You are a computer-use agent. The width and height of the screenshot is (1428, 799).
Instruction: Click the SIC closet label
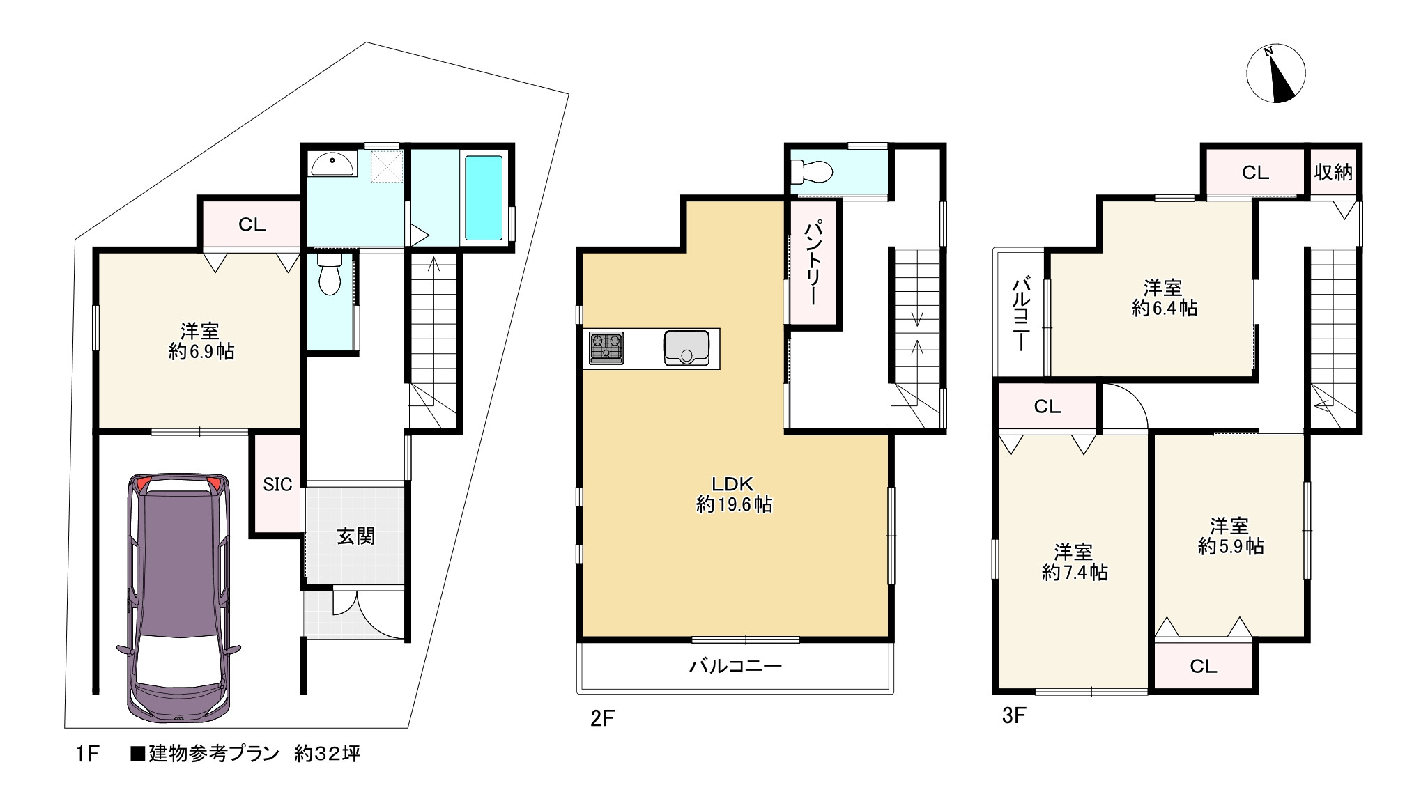pyautogui.click(x=277, y=484)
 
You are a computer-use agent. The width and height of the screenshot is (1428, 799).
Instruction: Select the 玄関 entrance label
pyautogui.click(x=356, y=536)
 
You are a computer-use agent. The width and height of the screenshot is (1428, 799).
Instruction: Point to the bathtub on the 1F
pyautogui.click(x=484, y=197)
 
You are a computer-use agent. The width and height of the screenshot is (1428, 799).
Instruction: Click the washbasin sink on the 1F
pyautogui.click(x=333, y=164)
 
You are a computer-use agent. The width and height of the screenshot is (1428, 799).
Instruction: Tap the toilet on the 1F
pyautogui.click(x=329, y=274)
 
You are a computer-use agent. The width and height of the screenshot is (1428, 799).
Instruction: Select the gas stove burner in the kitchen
pyautogui.click(x=606, y=348)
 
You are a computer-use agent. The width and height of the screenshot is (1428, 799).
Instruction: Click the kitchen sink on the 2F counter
pyautogui.click(x=687, y=348)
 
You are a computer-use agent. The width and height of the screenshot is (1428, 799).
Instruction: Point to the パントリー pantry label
pyautogui.click(x=812, y=263)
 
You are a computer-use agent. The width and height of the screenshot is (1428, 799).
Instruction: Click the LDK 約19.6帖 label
pyautogui.click(x=734, y=494)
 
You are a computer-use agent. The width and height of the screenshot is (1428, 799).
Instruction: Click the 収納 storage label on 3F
pyautogui.click(x=1333, y=172)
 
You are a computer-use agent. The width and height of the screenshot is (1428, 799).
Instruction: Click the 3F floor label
pyautogui.click(x=1014, y=715)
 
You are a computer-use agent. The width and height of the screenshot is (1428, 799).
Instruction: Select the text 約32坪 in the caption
pyautogui.click(x=327, y=754)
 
